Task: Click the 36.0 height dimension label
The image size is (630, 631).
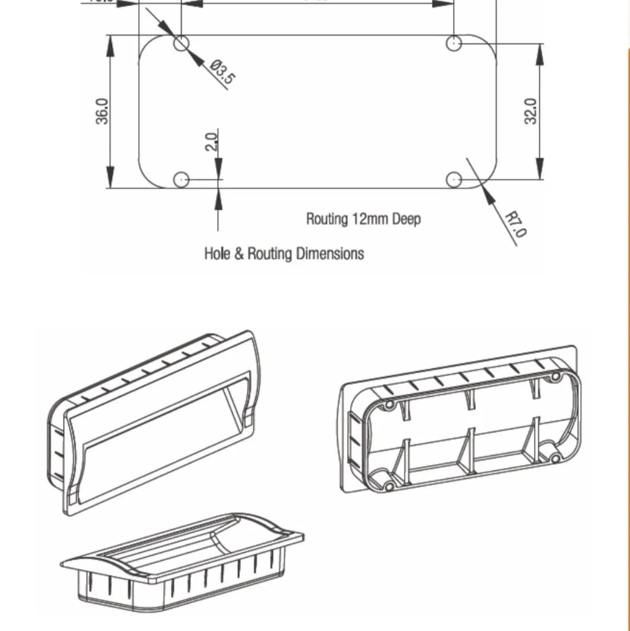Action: (x=103, y=111)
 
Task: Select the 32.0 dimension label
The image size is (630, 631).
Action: (x=531, y=111)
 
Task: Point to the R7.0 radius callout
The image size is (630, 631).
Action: (x=515, y=224)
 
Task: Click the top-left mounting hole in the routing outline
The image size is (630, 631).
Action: (x=182, y=43)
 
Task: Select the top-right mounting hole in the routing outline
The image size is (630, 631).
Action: (x=454, y=43)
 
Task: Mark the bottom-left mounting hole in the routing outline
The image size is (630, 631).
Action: (x=182, y=179)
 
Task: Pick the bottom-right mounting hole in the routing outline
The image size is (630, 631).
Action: (x=454, y=179)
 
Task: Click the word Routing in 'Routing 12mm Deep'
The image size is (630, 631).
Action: (x=327, y=219)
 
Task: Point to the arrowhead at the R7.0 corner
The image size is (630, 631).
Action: (x=488, y=193)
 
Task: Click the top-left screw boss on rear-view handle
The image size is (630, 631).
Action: (x=389, y=405)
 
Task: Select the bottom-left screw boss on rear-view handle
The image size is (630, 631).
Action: (x=389, y=487)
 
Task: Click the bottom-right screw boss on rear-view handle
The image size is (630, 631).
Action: (x=555, y=458)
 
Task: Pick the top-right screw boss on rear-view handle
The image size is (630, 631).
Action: (x=555, y=377)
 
